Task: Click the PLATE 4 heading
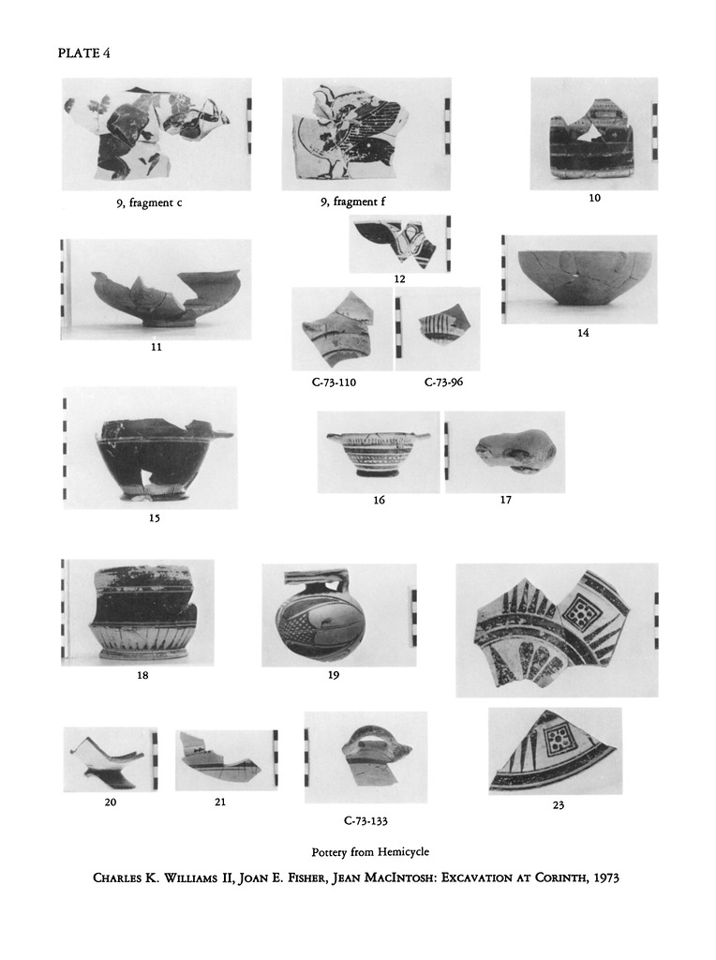click(83, 53)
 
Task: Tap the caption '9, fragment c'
click(149, 202)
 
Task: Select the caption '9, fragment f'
click(353, 202)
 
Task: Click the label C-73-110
click(334, 382)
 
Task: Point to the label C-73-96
click(443, 382)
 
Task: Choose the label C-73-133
click(365, 821)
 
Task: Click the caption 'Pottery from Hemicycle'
click(370, 851)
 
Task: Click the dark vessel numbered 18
click(144, 613)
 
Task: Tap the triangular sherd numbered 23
click(555, 754)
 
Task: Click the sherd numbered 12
click(396, 244)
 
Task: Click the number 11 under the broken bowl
click(157, 347)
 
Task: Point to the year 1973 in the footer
click(606, 877)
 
